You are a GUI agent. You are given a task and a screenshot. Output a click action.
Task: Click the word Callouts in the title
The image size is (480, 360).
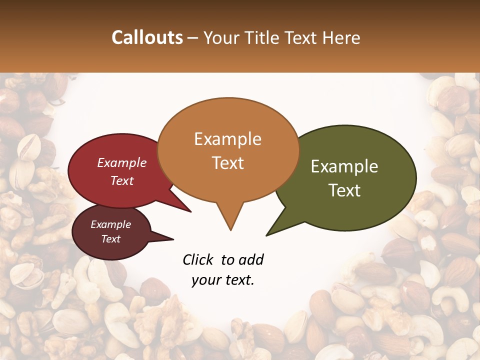click(x=147, y=37)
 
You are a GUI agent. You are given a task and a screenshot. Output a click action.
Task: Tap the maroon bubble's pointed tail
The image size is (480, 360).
click(x=172, y=239)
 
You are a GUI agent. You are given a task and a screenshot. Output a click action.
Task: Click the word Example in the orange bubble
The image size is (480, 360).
click(x=227, y=139)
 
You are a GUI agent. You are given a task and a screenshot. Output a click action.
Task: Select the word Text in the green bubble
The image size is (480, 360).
click(x=345, y=190)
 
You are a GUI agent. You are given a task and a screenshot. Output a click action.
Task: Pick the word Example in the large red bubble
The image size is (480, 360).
click(x=121, y=163)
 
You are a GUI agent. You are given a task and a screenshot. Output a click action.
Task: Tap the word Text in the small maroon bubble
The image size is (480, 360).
click(x=111, y=239)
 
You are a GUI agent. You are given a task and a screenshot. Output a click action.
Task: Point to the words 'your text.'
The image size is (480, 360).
click(x=223, y=280)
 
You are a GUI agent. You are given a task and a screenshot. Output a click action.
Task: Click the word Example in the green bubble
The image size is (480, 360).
click(x=344, y=166)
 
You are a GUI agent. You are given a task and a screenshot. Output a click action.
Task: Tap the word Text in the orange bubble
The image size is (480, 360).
click(x=228, y=163)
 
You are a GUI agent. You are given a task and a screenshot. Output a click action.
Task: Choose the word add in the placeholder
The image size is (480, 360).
click(x=251, y=259)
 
